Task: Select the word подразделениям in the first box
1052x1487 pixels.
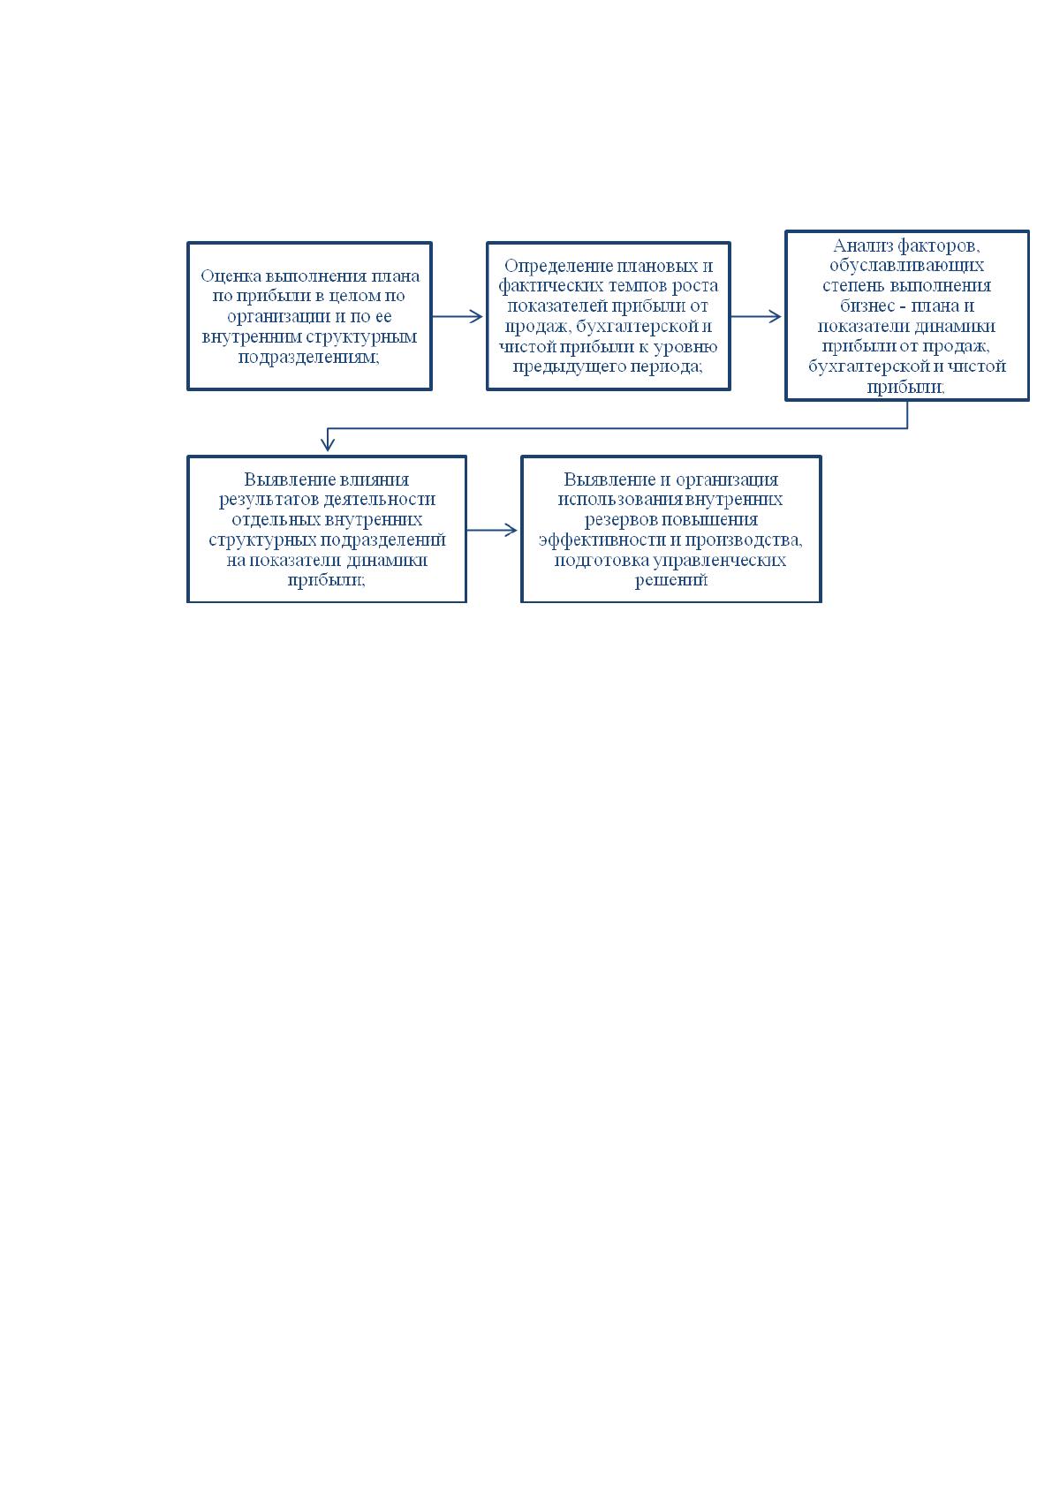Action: point(309,358)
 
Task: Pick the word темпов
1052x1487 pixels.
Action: point(636,286)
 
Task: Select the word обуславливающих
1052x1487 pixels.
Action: point(906,266)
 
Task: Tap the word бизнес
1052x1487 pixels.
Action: point(867,306)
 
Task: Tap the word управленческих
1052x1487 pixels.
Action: point(719,561)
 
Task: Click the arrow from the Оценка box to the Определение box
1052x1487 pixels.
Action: point(458,316)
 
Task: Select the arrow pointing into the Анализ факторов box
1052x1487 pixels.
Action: point(756,316)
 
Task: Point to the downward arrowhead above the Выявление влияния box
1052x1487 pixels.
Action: point(328,442)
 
